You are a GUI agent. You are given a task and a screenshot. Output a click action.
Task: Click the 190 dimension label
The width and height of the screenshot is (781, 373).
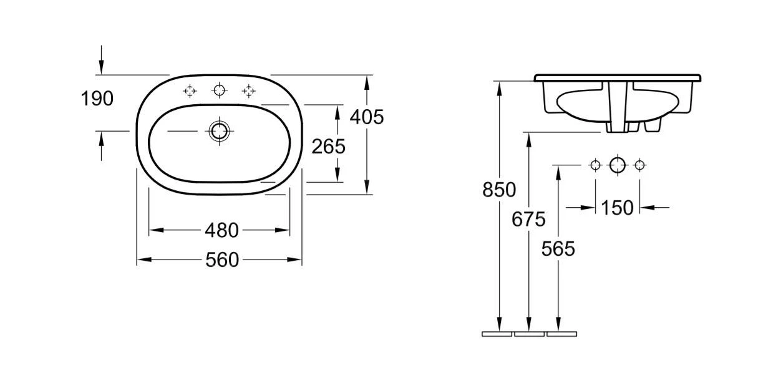97,99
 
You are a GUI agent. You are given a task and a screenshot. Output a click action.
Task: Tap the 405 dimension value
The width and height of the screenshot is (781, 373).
367,117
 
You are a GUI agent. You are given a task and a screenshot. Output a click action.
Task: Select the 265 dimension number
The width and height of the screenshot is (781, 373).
329,147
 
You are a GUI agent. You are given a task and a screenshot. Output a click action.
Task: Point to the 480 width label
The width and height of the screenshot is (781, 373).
221,230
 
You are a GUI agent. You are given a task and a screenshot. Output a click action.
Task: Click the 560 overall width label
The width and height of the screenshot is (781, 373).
222,259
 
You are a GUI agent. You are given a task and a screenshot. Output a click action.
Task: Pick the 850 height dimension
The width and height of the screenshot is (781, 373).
499,190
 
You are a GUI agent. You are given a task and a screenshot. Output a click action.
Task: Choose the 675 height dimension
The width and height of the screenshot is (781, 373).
528,220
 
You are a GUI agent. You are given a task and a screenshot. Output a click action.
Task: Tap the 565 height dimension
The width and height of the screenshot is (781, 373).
558,249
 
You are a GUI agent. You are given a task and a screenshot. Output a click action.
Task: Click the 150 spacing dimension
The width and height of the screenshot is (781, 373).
617,208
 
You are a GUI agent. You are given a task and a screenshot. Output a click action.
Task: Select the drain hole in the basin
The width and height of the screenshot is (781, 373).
219,131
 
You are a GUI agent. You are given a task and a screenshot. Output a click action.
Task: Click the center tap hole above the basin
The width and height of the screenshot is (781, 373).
219,90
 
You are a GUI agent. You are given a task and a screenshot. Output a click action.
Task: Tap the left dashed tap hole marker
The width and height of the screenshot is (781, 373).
190,91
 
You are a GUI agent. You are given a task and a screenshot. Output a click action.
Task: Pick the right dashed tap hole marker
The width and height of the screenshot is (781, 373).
249,91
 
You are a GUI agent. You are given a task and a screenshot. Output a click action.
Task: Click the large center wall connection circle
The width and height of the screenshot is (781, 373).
618,165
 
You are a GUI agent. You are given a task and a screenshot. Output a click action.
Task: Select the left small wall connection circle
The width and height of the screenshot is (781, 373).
595,165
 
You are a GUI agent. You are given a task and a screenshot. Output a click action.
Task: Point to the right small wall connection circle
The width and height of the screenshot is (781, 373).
639,165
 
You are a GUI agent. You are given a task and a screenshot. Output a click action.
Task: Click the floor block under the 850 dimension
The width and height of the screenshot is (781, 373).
497,334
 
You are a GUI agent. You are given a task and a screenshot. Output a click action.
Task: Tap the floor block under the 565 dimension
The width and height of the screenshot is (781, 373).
561,334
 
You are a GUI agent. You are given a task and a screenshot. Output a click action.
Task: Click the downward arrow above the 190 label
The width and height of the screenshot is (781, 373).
101,60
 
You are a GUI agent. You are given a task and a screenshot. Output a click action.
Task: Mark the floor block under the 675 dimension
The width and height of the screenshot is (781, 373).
529,334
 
